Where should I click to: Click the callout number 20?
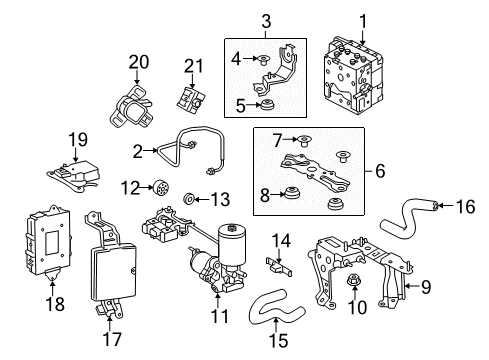click(138, 63)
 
